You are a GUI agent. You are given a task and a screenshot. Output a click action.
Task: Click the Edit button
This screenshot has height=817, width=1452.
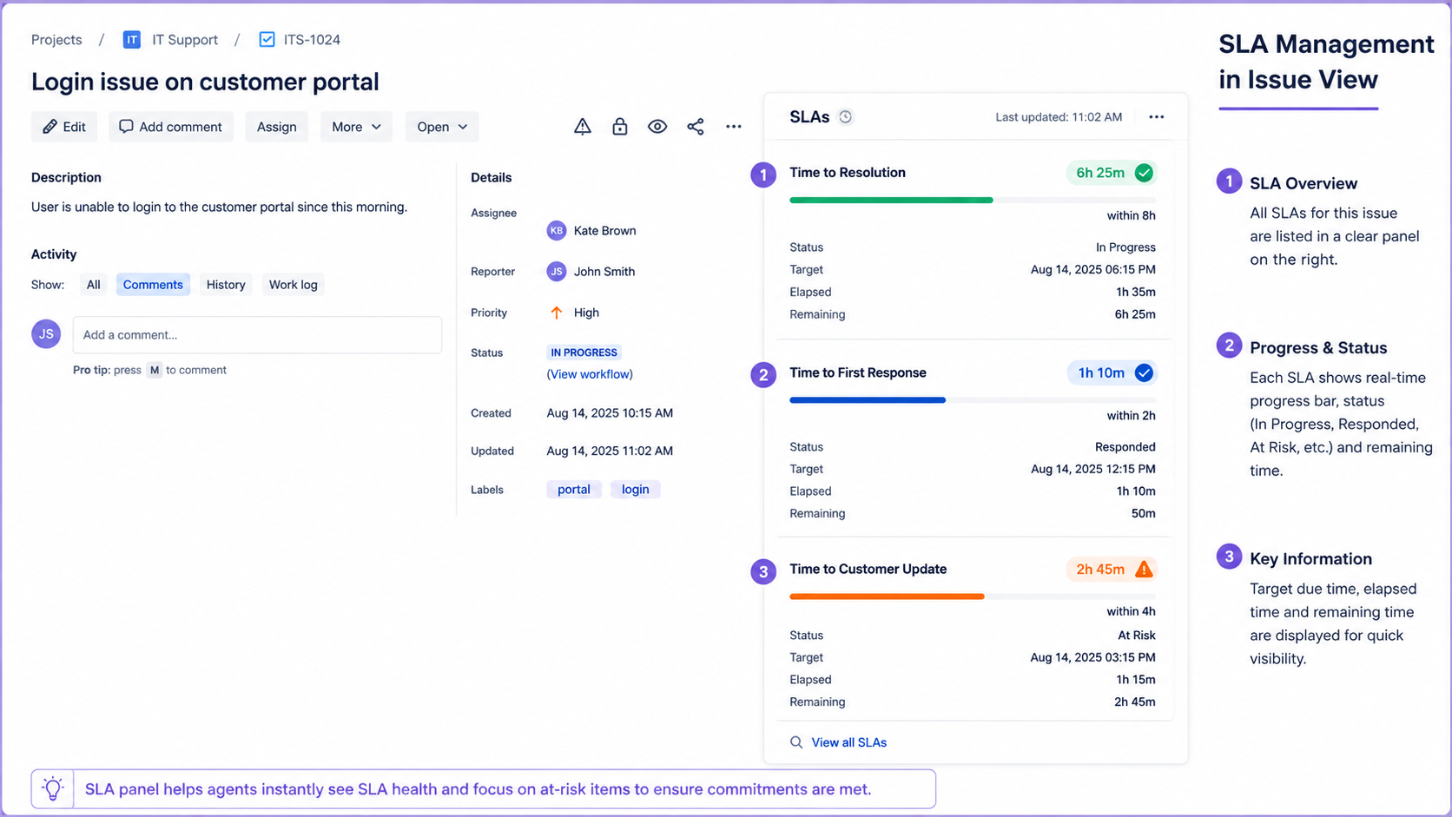point(64,127)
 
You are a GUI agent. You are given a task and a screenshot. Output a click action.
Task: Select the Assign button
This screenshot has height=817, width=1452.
point(276,127)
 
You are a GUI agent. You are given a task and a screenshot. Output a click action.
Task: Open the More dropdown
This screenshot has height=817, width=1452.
point(356,127)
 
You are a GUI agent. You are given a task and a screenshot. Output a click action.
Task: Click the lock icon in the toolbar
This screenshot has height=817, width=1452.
point(620,127)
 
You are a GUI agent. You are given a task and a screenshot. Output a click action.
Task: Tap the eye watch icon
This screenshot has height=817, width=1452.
point(657,127)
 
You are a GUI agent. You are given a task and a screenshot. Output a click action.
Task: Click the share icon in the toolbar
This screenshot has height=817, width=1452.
point(696,127)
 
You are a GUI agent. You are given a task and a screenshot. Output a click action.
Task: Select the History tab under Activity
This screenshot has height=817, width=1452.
point(226,285)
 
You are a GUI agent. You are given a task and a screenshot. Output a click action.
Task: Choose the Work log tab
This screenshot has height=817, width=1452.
point(293,285)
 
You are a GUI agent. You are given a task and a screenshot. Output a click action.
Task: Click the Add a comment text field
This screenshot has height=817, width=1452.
point(257,335)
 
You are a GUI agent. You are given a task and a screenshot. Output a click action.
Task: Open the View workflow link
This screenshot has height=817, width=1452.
point(590,374)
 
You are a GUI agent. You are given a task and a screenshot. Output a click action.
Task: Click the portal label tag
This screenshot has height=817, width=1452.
point(574,489)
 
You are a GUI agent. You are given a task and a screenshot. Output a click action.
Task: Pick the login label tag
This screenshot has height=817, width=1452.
point(636,489)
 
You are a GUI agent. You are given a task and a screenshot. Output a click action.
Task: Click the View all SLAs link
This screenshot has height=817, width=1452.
point(848,742)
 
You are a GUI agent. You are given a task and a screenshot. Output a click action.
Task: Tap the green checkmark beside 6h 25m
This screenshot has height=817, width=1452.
point(1144,173)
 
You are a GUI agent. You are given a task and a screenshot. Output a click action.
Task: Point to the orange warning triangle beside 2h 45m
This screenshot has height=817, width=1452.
point(1144,569)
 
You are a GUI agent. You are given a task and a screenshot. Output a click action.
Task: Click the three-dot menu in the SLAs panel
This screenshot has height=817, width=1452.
point(1157,117)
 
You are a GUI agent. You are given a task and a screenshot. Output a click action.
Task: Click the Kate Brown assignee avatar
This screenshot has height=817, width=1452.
point(556,231)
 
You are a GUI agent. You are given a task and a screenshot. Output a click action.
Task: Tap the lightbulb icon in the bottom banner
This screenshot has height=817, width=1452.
point(52,789)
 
